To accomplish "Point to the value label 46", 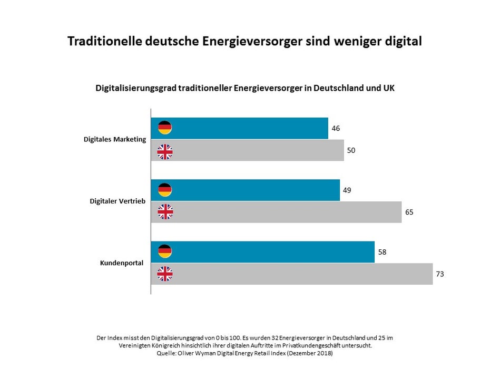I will (336, 128).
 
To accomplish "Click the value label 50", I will (351, 151).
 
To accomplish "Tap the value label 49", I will (347, 190).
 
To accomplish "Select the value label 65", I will (409, 212).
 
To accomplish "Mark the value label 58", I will (383, 251).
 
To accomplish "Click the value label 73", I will (440, 274).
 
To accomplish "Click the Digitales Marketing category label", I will (114, 139).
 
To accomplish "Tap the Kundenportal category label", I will (122, 263).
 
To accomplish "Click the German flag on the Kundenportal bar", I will (165, 251).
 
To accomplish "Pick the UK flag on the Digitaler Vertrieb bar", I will (165, 212).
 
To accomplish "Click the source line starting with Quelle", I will (244, 353).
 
